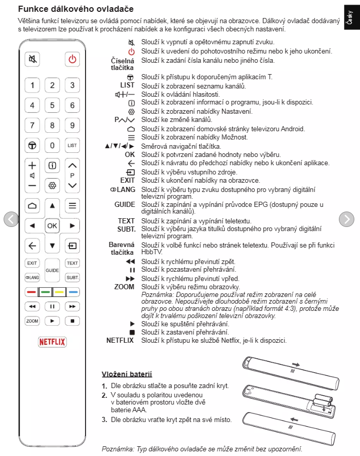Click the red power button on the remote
click(73, 59)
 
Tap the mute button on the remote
click(32, 59)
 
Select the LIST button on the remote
click(73, 146)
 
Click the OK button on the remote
click(52, 225)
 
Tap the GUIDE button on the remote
click(52, 270)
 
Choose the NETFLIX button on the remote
click(53, 342)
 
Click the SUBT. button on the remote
click(73, 277)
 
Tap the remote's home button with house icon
click(32, 206)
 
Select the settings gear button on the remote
click(52, 185)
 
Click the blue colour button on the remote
click(73, 292)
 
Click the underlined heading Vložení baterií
click(127, 374)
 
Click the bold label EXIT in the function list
click(128, 180)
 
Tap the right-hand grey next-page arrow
click(347, 219)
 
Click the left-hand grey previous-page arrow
click(11, 219)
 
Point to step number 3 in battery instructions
click(104, 419)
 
